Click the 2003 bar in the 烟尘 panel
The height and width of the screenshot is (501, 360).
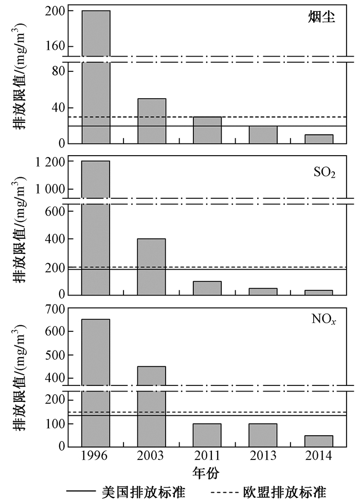pyautogui.click(x=151, y=121)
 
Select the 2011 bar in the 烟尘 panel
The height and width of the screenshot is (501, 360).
pyautogui.click(x=207, y=130)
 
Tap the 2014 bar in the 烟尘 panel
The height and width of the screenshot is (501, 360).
pyautogui.click(x=319, y=139)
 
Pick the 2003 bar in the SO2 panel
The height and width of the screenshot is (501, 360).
pyautogui.click(x=151, y=267)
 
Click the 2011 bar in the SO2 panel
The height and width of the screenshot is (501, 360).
pyautogui.click(x=207, y=288)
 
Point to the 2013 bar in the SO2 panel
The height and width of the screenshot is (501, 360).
pyautogui.click(x=263, y=291)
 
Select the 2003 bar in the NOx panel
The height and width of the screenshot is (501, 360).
pyautogui.click(x=151, y=406)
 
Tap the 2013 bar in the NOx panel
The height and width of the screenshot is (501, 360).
pyautogui.click(x=263, y=435)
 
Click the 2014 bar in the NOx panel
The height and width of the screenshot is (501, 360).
pyautogui.click(x=319, y=441)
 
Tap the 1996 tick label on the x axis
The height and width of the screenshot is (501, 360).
pyautogui.click(x=96, y=456)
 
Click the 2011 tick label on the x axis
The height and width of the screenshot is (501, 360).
pyautogui.click(x=207, y=456)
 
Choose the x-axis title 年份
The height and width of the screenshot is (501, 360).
pyautogui.click(x=207, y=471)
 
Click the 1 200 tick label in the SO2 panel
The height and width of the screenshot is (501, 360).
pyautogui.click(x=52, y=162)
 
